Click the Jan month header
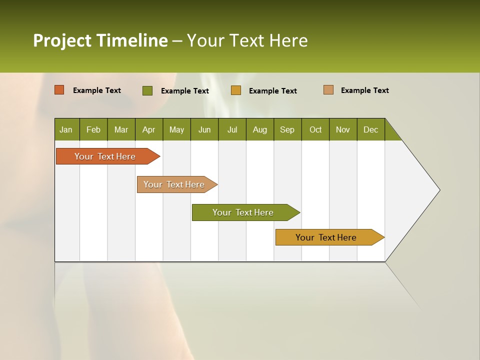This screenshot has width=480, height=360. (x=66, y=129)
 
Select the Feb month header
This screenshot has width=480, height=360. (x=93, y=129)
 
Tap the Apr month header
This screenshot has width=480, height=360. (x=148, y=129)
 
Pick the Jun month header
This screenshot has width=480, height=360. (x=204, y=129)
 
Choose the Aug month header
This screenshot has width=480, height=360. (x=259, y=129)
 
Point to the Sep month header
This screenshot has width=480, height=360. (x=287, y=129)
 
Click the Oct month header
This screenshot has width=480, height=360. (x=315, y=129)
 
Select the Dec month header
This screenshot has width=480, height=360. (x=370, y=129)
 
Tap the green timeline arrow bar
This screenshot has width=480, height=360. (x=243, y=212)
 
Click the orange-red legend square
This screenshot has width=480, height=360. (x=59, y=90)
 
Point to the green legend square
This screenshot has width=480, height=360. (x=147, y=90)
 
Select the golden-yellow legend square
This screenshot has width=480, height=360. (x=236, y=90)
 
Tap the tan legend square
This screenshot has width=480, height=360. (x=328, y=90)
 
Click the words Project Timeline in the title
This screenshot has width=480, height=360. (x=100, y=40)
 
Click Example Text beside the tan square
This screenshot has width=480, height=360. (x=364, y=90)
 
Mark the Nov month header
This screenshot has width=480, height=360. (x=343, y=129)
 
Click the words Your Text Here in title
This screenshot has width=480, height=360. (x=247, y=40)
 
